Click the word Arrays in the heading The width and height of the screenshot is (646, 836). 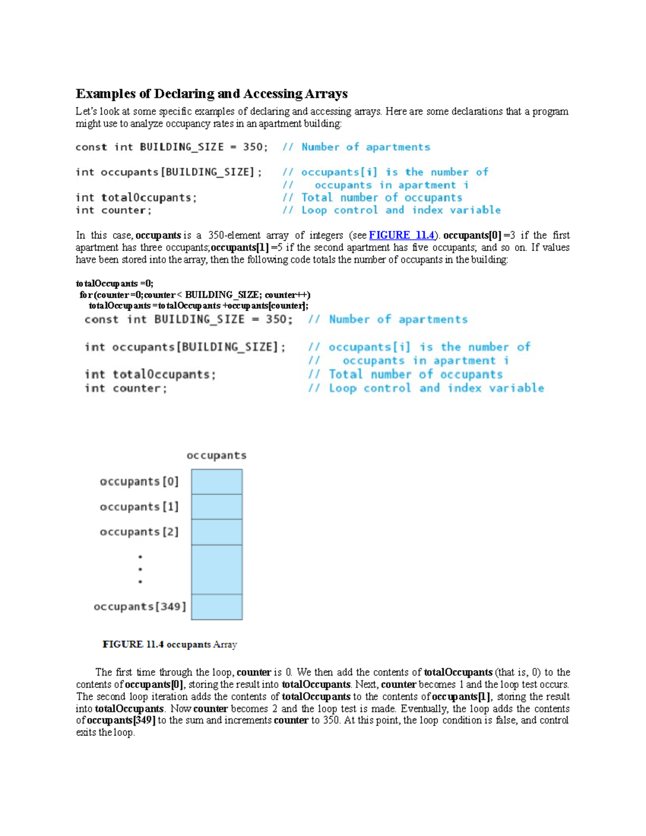(326, 94)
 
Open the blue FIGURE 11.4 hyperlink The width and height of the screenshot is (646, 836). (402, 235)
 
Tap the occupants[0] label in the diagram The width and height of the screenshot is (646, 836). (139, 481)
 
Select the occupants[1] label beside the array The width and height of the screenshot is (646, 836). (139, 507)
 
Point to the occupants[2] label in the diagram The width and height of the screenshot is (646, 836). (139, 532)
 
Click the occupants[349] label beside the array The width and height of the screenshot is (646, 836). (140, 607)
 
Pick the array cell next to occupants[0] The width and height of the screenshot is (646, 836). (217, 481)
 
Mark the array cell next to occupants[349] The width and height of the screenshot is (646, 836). (217, 607)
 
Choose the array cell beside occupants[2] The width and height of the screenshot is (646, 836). (217, 532)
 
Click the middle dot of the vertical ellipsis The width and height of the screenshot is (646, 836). (140, 569)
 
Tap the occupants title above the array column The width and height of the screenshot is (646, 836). (216, 455)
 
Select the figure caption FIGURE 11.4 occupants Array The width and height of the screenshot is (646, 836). (170, 644)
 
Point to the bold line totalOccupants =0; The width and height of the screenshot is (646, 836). (115, 283)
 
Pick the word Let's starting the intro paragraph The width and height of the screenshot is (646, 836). (86, 111)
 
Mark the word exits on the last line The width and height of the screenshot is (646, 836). (86, 733)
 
